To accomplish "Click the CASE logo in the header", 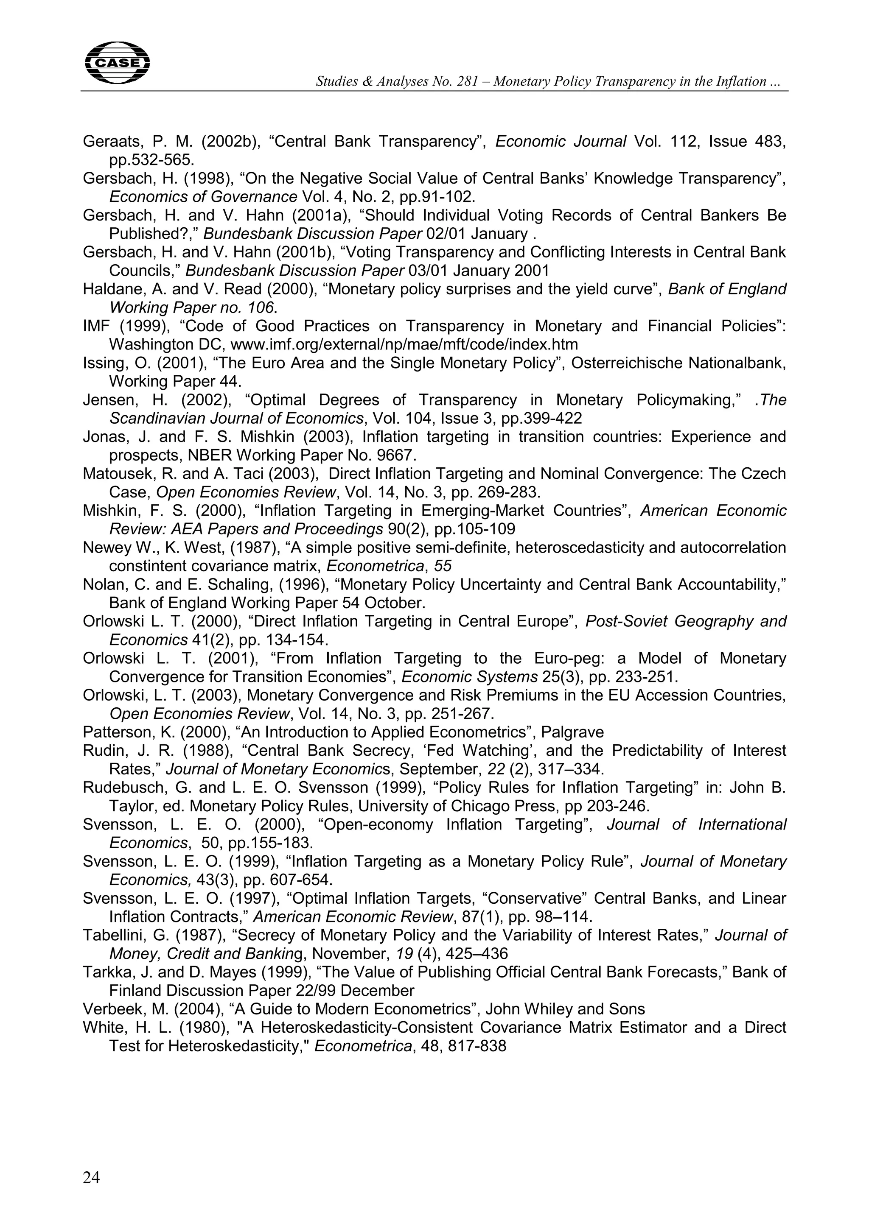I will click(117, 63).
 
